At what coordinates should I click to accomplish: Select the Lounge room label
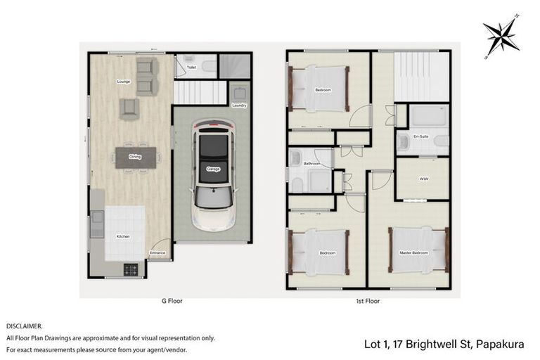coord(124,82)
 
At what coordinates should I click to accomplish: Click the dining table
coord(135,157)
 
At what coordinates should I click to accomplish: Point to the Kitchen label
coord(123,236)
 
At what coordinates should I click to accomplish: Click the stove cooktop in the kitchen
coord(131,269)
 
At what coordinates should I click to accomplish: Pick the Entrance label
coord(157,252)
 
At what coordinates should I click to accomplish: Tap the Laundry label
coord(239,105)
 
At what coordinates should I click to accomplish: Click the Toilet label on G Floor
coord(191,67)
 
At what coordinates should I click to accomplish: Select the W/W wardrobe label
coord(423,179)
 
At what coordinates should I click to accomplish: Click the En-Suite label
coord(422,136)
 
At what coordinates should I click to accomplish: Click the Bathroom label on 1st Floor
coord(312,164)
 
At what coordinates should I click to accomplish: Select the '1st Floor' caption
coord(368,300)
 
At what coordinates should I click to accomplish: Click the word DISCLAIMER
coord(24,326)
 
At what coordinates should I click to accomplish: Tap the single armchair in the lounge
coord(129,108)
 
